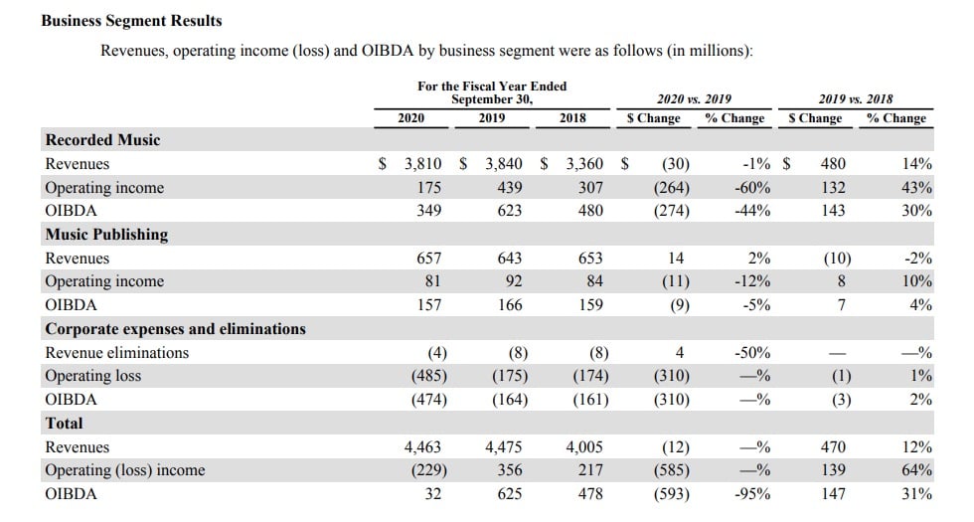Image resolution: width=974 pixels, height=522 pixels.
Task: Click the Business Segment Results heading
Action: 131,20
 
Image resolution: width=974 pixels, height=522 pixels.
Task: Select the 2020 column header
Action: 410,117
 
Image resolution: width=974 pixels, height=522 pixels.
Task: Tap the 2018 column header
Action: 571,117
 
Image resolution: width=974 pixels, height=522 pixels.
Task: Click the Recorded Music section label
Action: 102,140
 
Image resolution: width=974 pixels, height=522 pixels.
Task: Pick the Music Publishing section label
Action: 106,235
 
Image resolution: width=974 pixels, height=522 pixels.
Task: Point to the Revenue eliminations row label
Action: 116,353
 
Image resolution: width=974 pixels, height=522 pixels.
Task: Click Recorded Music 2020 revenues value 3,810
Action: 422,164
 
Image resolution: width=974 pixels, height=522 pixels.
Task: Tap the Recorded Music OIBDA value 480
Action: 590,211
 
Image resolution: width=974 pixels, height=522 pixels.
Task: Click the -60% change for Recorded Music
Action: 751,188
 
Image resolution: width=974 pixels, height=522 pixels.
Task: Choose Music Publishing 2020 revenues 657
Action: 429,259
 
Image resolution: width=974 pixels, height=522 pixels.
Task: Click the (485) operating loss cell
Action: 429,376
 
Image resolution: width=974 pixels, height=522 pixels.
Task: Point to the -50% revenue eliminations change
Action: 751,353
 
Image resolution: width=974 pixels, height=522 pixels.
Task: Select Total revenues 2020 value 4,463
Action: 422,447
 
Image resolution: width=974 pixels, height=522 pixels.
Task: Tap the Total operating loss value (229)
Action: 429,470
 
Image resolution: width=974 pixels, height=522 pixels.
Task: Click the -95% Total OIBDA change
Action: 751,494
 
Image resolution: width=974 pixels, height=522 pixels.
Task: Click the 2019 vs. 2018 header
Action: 856,99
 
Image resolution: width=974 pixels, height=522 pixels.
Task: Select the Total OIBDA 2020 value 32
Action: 433,494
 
